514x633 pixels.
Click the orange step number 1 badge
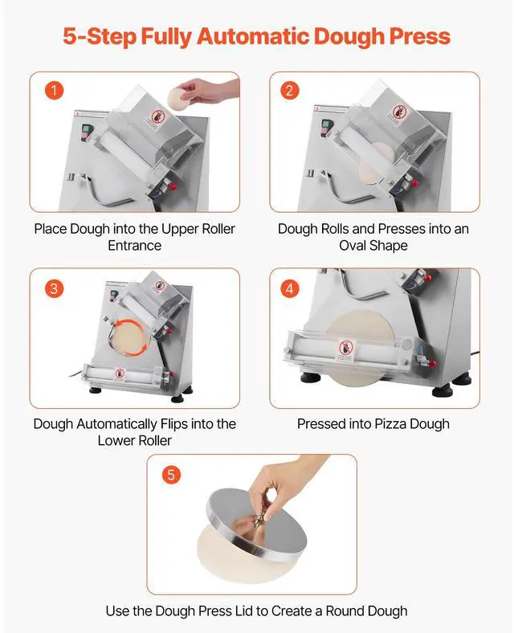(x=54, y=91)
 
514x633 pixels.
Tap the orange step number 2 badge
(x=289, y=91)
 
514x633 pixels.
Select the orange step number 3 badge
(x=54, y=288)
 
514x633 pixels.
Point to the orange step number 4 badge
(x=289, y=288)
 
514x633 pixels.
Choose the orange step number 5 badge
(x=170, y=474)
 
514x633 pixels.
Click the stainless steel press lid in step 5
(x=257, y=526)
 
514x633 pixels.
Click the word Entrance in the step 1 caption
(x=135, y=246)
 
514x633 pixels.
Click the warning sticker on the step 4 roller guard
(x=343, y=349)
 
